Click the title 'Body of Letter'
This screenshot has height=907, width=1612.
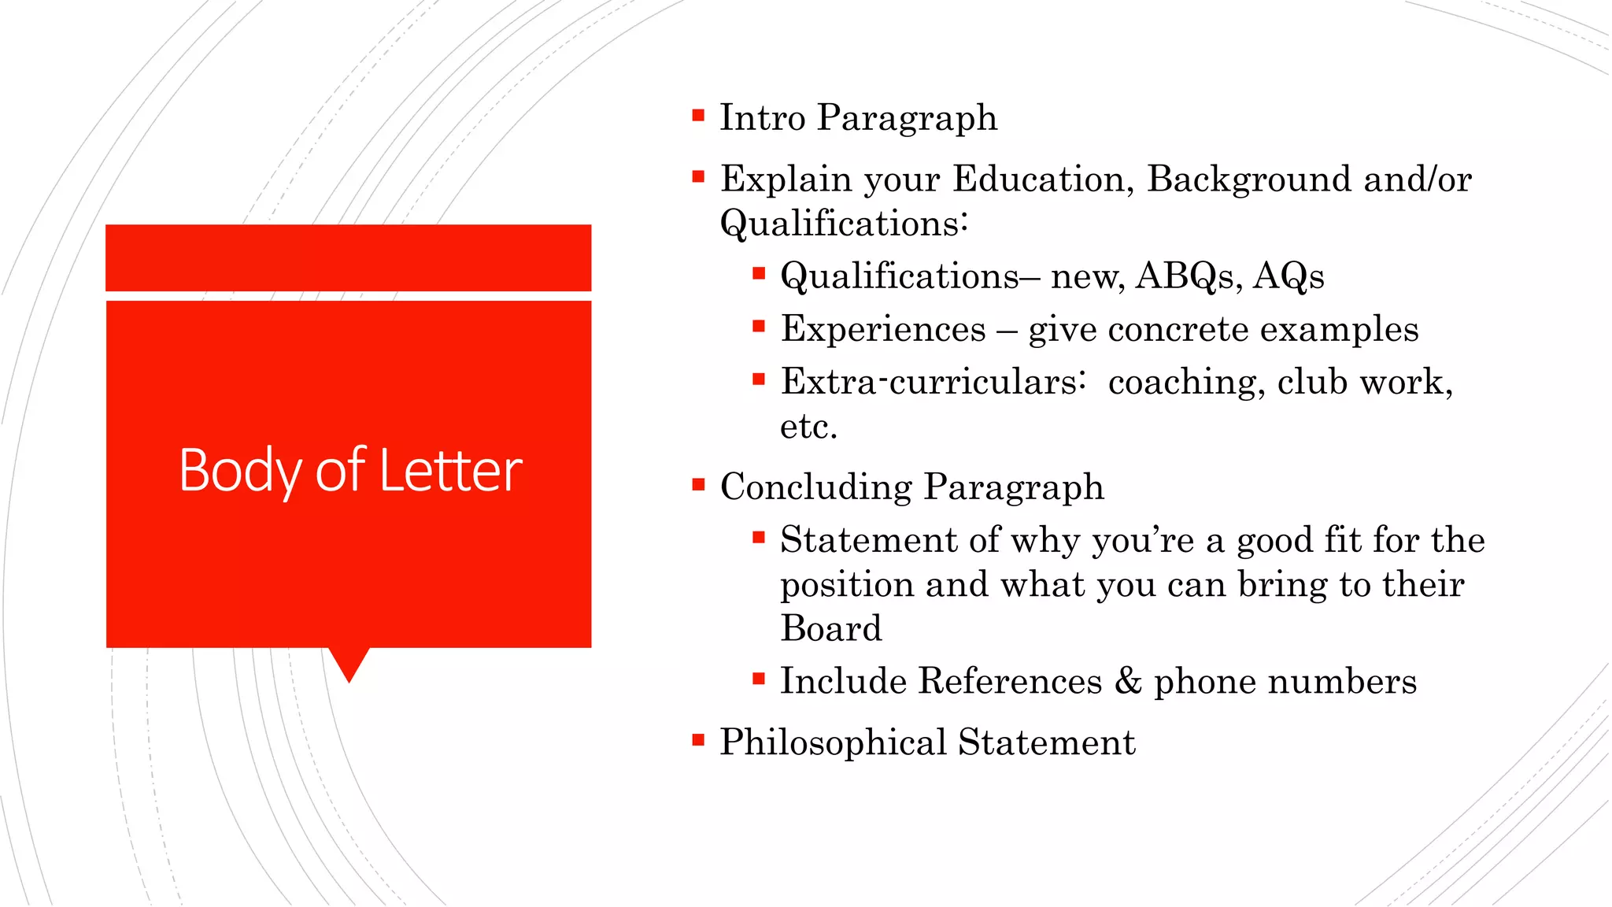(x=350, y=471)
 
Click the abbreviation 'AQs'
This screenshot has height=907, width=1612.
(x=1288, y=276)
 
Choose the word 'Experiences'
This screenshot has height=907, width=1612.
(x=882, y=329)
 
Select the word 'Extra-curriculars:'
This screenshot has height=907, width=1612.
(x=934, y=382)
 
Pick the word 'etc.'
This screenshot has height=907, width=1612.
(x=808, y=427)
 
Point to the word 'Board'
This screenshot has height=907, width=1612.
(x=831, y=628)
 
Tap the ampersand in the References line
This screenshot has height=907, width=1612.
(x=1128, y=681)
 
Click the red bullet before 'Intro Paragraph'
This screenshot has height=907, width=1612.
(x=698, y=117)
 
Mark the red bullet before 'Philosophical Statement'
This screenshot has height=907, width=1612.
(x=698, y=740)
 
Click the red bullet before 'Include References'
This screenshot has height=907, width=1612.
(x=759, y=679)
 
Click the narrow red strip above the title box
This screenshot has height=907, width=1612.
(x=348, y=257)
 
